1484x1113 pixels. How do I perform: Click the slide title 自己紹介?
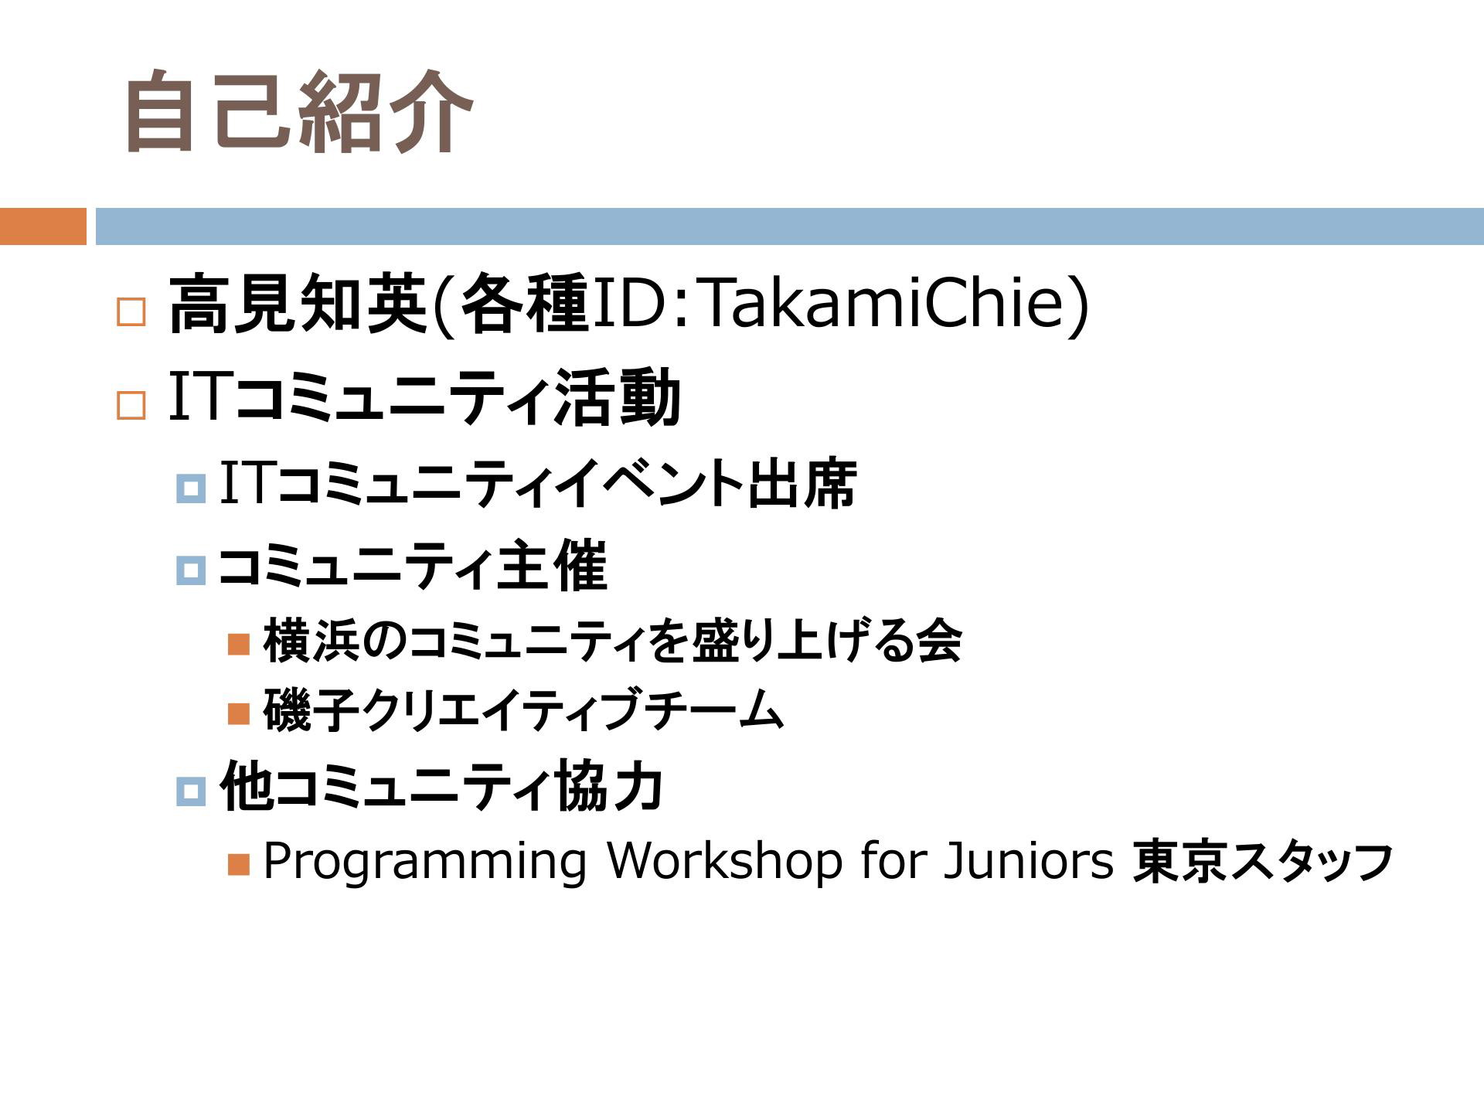[x=298, y=111]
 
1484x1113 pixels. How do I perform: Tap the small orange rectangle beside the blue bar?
[x=43, y=226]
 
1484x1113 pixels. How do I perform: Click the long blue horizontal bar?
[x=789, y=226]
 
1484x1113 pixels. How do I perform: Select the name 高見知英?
[x=298, y=304]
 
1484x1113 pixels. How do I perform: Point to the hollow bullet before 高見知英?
[x=131, y=312]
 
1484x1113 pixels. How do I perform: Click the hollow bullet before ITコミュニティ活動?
[x=131, y=405]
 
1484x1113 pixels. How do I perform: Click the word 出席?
[x=802, y=484]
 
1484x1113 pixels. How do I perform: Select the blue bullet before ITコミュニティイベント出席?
[x=191, y=488]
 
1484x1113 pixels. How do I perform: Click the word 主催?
[x=552, y=566]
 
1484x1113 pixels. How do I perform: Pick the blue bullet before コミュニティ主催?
[x=191, y=570]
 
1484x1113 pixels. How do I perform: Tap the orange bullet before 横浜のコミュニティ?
[x=239, y=643]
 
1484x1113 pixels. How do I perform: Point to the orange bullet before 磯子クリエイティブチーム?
[x=239, y=713]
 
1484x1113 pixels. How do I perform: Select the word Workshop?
[x=724, y=859]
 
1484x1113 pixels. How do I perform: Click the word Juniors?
[x=1029, y=859]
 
